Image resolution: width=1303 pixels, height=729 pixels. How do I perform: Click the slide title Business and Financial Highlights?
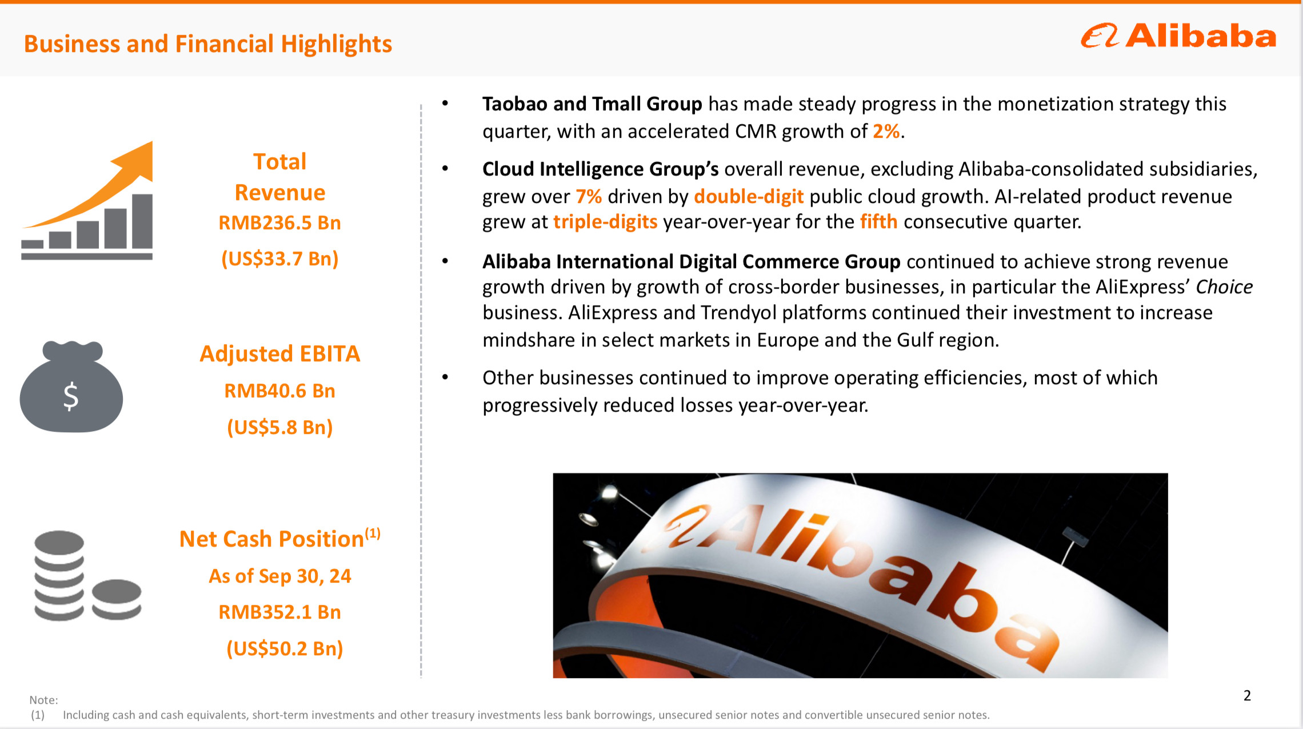coord(208,44)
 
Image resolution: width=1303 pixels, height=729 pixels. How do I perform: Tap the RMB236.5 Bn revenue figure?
coord(280,222)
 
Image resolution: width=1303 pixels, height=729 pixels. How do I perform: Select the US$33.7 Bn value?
coord(280,259)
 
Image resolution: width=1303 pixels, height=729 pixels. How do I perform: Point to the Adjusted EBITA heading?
coord(280,354)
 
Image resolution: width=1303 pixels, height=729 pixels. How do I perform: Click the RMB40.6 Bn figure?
coord(280,391)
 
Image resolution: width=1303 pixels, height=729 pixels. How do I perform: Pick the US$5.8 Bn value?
coord(280,428)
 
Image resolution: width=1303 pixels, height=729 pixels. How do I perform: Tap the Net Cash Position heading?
coord(280,539)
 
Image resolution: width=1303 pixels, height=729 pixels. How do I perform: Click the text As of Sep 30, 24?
coord(280,576)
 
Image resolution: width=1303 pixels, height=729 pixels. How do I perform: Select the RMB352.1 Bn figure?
coord(280,612)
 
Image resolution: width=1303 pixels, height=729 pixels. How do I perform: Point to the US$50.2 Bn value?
coord(285,649)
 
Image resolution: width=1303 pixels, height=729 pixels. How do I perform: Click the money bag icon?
coord(71,387)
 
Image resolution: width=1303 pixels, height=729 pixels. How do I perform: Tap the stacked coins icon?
coord(87,576)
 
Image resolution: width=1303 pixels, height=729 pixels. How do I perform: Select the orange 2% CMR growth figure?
coord(886,132)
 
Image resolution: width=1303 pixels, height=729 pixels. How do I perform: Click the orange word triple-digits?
coord(605,222)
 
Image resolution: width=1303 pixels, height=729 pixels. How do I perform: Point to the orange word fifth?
coord(878,221)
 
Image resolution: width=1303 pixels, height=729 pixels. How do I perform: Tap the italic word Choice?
coord(1224,286)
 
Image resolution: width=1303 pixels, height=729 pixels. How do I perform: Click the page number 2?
coord(1247,696)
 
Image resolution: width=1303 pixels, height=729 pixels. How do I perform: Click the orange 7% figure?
coord(589,197)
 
